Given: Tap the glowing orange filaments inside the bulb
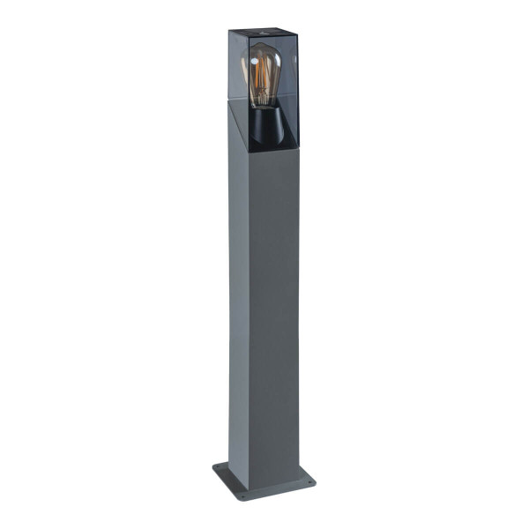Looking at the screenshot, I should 263,84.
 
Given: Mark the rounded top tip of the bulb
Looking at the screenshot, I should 262,47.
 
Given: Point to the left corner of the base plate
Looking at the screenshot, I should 213,468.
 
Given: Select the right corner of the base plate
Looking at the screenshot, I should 315,482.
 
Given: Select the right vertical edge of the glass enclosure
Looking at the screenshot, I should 299,97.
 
